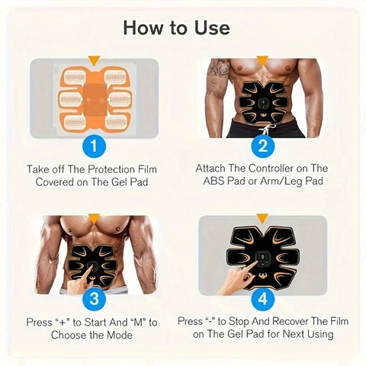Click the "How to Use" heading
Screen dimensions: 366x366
click(x=182, y=28)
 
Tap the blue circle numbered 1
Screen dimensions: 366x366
click(x=93, y=144)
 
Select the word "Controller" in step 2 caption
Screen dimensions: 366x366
click(x=272, y=169)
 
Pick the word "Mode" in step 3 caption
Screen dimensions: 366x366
click(x=127, y=334)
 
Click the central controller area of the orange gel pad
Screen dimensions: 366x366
click(x=93, y=95)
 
